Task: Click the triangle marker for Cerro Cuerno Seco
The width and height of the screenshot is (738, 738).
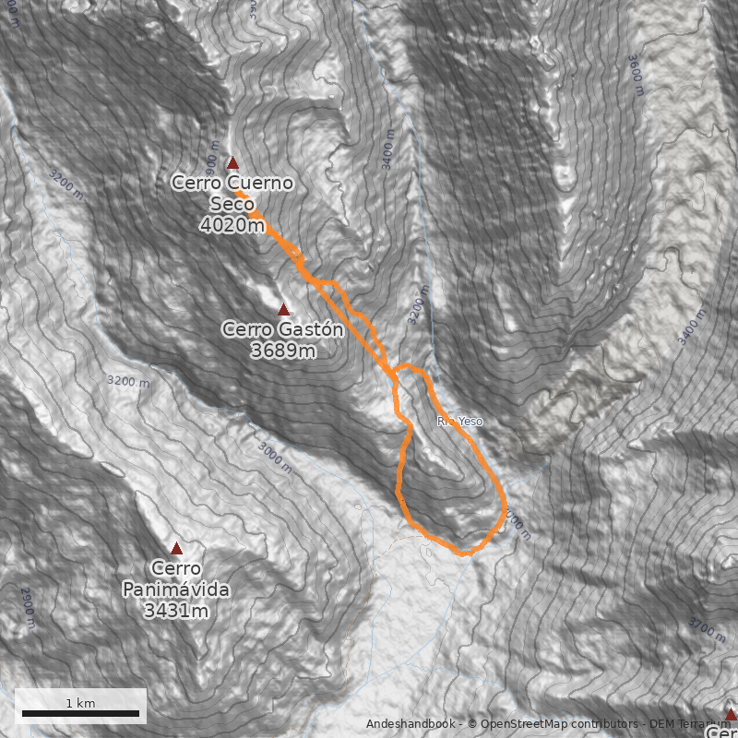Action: [233, 163]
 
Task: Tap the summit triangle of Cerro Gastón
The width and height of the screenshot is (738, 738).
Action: [284, 310]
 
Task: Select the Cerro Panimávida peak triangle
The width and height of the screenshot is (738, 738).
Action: [176, 549]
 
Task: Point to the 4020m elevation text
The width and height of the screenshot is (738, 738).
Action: [232, 225]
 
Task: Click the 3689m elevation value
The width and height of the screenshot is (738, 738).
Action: [283, 351]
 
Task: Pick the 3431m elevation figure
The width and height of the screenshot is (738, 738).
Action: [175, 611]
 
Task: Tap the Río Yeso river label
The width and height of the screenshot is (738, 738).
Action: [459, 422]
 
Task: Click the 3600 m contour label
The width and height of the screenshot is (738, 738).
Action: [636, 74]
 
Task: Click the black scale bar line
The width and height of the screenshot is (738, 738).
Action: [80, 714]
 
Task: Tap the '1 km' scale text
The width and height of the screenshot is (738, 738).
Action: [80, 703]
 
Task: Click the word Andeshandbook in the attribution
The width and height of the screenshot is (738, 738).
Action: [411, 724]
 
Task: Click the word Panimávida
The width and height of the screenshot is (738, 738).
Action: [175, 589]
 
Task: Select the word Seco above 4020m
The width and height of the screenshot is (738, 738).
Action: [232, 204]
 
